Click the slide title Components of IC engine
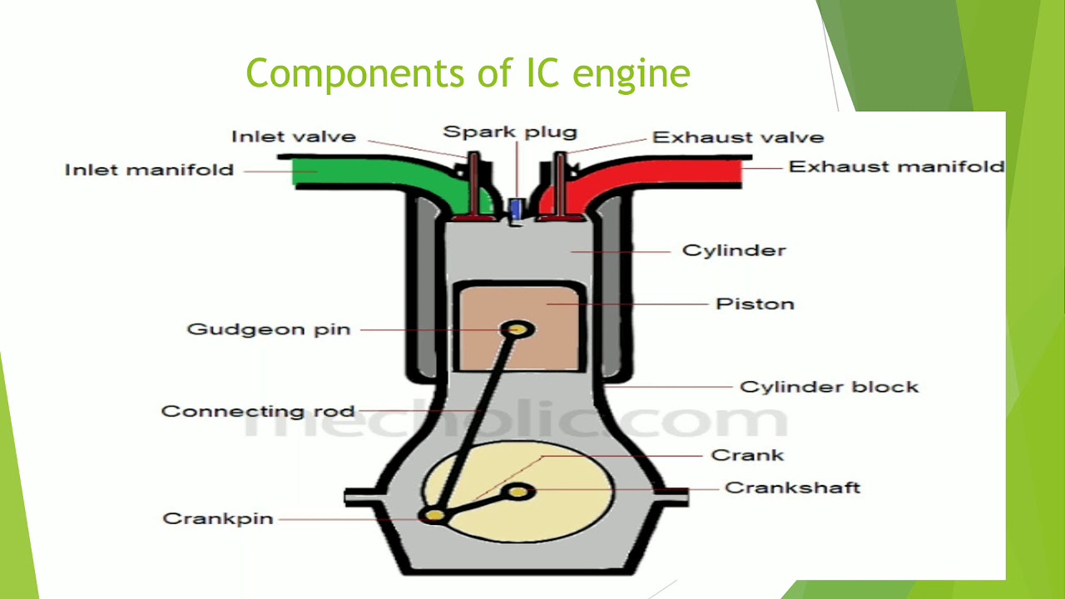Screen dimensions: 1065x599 pyautogui.click(x=468, y=74)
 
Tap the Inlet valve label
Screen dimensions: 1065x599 pyautogui.click(x=294, y=137)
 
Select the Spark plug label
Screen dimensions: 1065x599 pyautogui.click(x=510, y=132)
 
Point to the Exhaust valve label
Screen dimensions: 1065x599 pyautogui.click(x=738, y=137)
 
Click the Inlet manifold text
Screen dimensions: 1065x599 pyautogui.click(x=149, y=170)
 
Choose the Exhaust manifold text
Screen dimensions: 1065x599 pyautogui.click(x=896, y=167)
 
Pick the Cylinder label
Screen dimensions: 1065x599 pyautogui.click(x=734, y=250)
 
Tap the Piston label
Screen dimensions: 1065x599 pyautogui.click(x=755, y=304)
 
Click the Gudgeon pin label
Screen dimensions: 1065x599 pyautogui.click(x=269, y=329)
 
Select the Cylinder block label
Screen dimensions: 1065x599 pyautogui.click(x=830, y=387)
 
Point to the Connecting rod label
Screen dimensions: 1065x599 pyautogui.click(x=258, y=411)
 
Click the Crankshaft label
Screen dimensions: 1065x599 pyautogui.click(x=793, y=488)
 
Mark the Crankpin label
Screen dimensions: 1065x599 pyautogui.click(x=218, y=518)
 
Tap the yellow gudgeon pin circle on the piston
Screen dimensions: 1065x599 pyautogui.click(x=518, y=329)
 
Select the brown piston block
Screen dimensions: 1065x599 pyautogui.click(x=518, y=328)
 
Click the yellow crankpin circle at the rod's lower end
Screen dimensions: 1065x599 pyautogui.click(x=433, y=515)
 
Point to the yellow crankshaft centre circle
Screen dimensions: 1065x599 pyautogui.click(x=518, y=492)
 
